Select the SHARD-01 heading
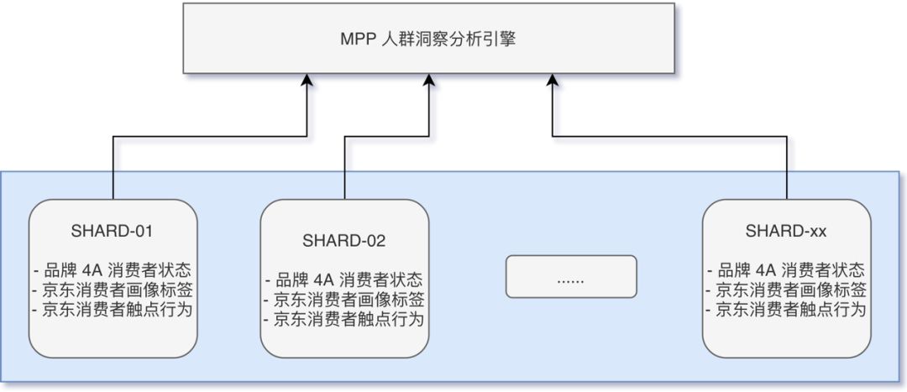coord(113,231)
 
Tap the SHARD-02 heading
coord(343,241)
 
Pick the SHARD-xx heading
coord(786,231)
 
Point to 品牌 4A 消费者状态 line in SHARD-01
coord(113,271)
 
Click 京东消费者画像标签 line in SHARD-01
coord(113,290)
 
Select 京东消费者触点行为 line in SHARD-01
coord(113,310)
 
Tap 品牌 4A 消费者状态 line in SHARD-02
coord(343,280)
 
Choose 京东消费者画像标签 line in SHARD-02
coord(343,300)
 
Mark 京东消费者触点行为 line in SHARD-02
coord(343,319)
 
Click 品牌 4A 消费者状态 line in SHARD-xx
coord(786,271)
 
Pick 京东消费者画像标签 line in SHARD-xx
coord(786,290)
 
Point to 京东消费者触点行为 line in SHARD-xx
coord(786,310)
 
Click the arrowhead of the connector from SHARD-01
coord(307,79)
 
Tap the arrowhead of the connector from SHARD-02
coord(429,79)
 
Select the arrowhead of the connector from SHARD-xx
coord(552,79)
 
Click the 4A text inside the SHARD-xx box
coord(766,271)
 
